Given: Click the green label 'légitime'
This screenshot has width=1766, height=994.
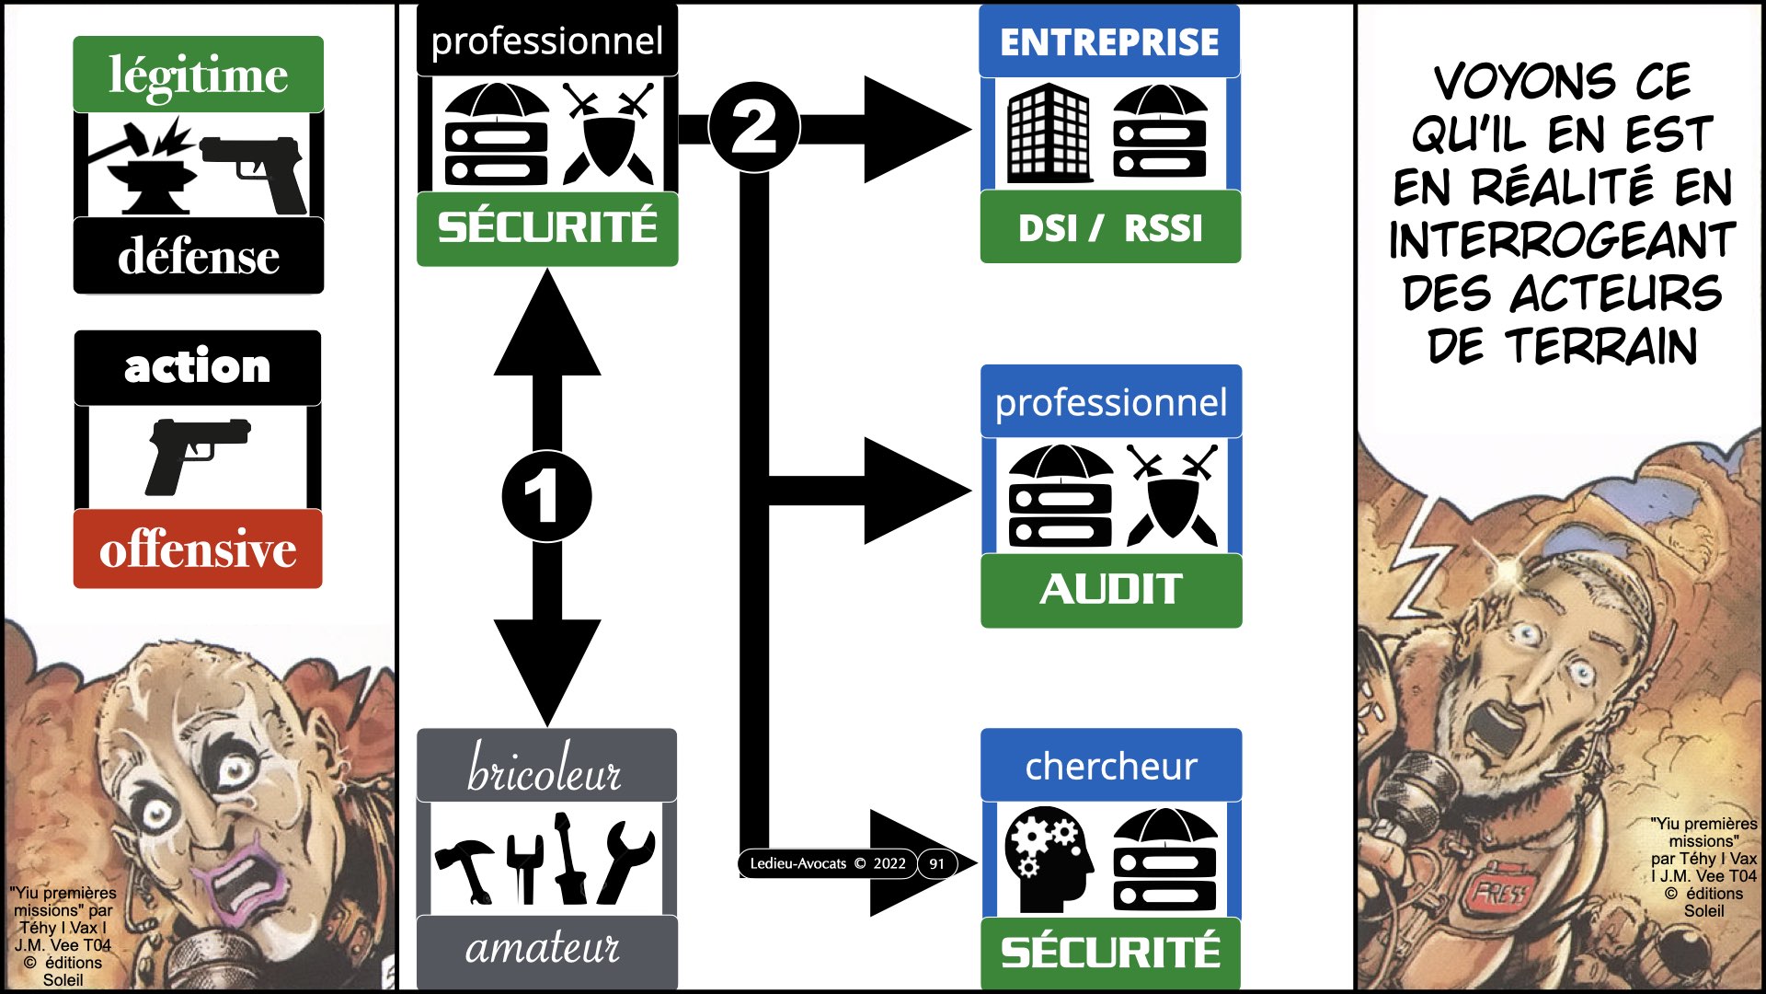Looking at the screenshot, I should point(198,75).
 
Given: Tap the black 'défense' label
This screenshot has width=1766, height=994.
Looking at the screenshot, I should point(198,256).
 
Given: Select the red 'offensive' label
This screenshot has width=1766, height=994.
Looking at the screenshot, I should point(198,549).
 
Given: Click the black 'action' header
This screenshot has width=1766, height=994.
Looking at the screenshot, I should point(198,367).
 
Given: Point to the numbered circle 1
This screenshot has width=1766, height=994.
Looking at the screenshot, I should point(546,496).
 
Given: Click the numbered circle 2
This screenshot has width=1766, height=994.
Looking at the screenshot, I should point(754,127).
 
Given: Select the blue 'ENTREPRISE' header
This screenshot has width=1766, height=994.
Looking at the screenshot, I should point(1109,42).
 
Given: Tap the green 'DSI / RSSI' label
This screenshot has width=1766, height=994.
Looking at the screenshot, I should point(1109,227).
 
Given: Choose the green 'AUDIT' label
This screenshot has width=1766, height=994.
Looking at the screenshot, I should point(1110,589).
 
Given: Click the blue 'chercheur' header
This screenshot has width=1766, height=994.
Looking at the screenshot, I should point(1110,766).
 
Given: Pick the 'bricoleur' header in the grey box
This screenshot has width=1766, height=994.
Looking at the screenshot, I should point(546,769).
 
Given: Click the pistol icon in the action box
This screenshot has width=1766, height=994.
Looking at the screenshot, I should point(196,454).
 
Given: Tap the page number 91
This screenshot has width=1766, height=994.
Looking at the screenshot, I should point(936,863).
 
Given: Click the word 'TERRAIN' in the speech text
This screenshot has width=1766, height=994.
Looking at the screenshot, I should point(1601,348).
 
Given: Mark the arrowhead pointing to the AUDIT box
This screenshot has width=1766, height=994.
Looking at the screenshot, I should point(914,491).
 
